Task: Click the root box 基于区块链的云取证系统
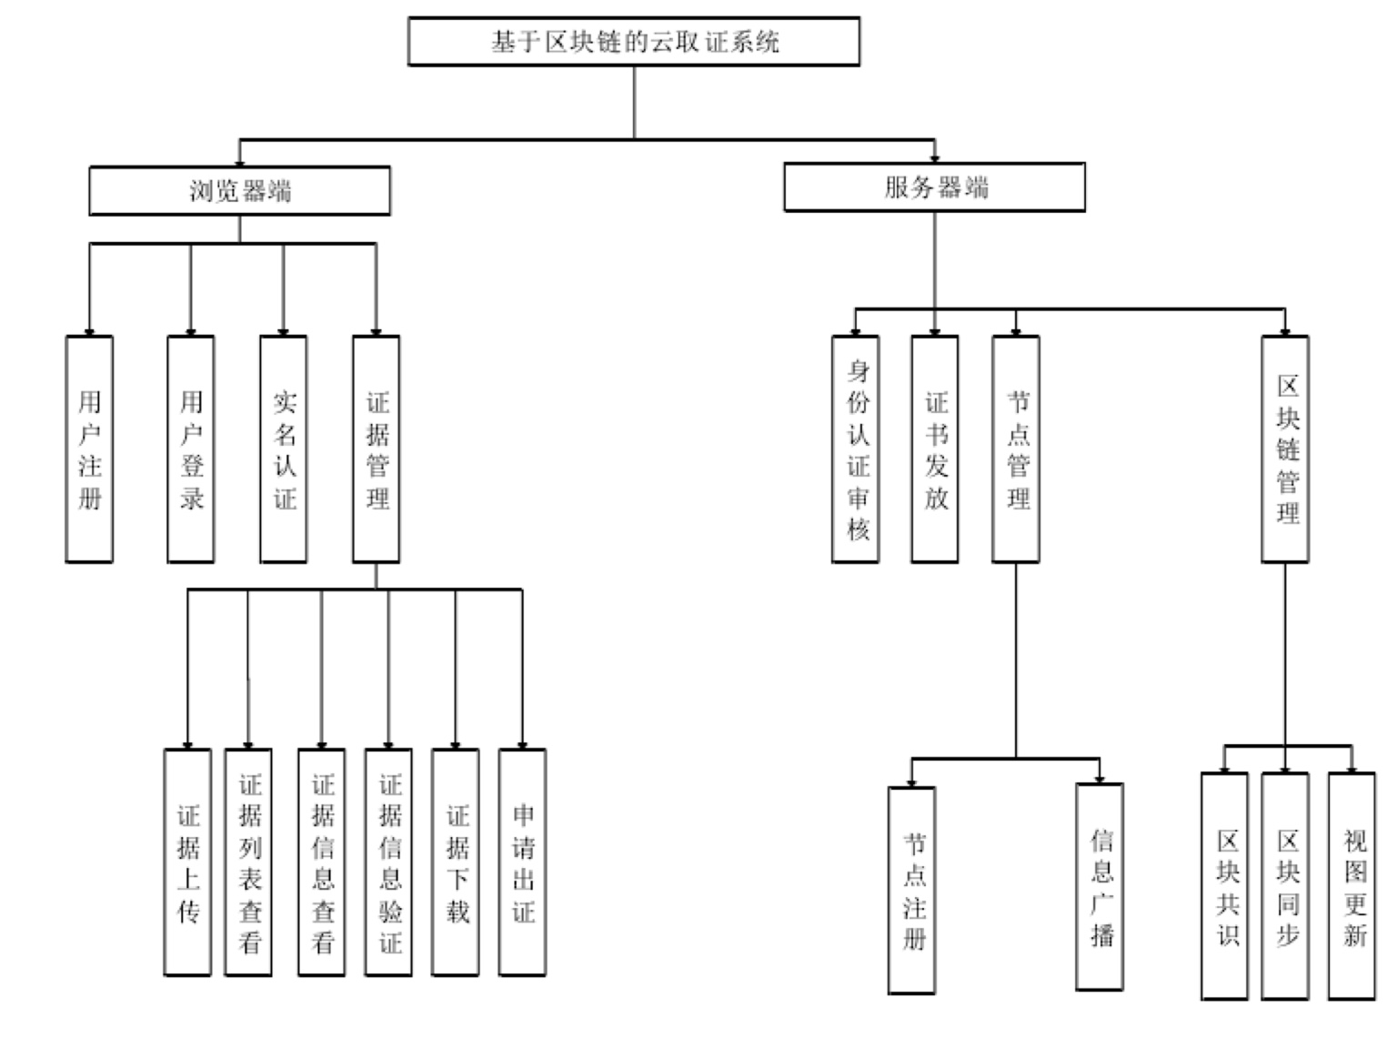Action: pyautogui.click(x=633, y=42)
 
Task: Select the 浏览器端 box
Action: pyautogui.click(x=239, y=191)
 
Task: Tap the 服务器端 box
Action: pyautogui.click(x=934, y=188)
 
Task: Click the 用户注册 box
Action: pyautogui.click(x=89, y=449)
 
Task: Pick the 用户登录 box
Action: pyautogui.click(x=191, y=449)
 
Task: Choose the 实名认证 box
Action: pyautogui.click(x=284, y=449)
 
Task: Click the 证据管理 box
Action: pyautogui.click(x=377, y=449)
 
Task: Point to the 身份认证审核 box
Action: pyautogui.click(x=856, y=449)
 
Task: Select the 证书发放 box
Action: pyautogui.click(x=935, y=449)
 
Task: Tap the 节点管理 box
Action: pyautogui.click(x=1016, y=449)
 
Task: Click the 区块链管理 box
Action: pyautogui.click(x=1285, y=449)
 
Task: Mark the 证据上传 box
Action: pyautogui.click(x=187, y=862)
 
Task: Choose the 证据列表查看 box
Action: pyautogui.click(x=248, y=862)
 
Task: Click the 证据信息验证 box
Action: pyautogui.click(x=388, y=862)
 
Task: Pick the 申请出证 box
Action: pyautogui.click(x=522, y=862)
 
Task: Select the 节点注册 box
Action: pyautogui.click(x=912, y=890)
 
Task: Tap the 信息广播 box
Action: pyautogui.click(x=1100, y=887)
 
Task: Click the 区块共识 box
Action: pyautogui.click(x=1224, y=886)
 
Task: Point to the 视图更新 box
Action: pyautogui.click(x=1352, y=886)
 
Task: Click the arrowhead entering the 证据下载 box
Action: pyautogui.click(x=456, y=745)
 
